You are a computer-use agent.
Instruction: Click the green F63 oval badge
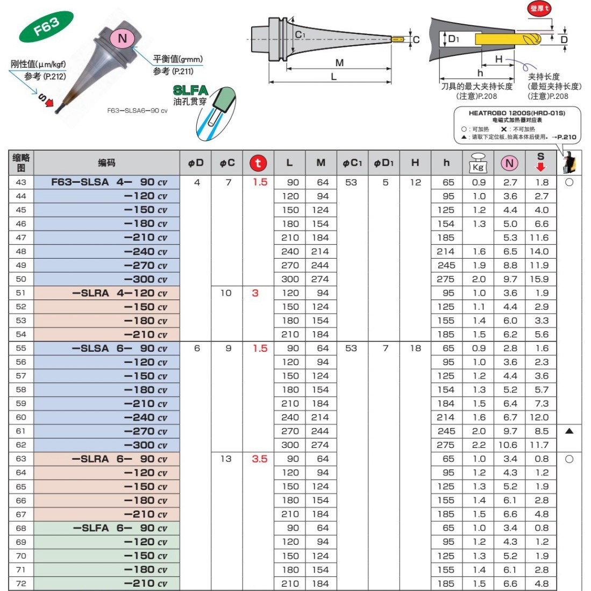46,27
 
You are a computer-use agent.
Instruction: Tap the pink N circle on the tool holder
122,38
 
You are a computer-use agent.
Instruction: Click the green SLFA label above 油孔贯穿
190,90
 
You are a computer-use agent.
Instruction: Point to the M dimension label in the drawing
339,62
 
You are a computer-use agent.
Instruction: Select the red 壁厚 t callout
540,8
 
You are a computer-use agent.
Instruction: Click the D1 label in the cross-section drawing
453,39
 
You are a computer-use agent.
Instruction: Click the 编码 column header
106,162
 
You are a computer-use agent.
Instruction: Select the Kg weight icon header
478,163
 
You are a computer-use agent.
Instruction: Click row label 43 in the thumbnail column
21,182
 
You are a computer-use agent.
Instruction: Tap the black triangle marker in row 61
569,431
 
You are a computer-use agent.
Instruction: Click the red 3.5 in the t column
260,459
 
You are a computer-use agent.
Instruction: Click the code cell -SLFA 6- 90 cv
120,528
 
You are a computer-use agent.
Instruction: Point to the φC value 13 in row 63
226,459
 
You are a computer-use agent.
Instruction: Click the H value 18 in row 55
415,348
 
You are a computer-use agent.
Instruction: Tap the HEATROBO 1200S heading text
517,113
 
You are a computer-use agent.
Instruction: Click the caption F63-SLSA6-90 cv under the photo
137,110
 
